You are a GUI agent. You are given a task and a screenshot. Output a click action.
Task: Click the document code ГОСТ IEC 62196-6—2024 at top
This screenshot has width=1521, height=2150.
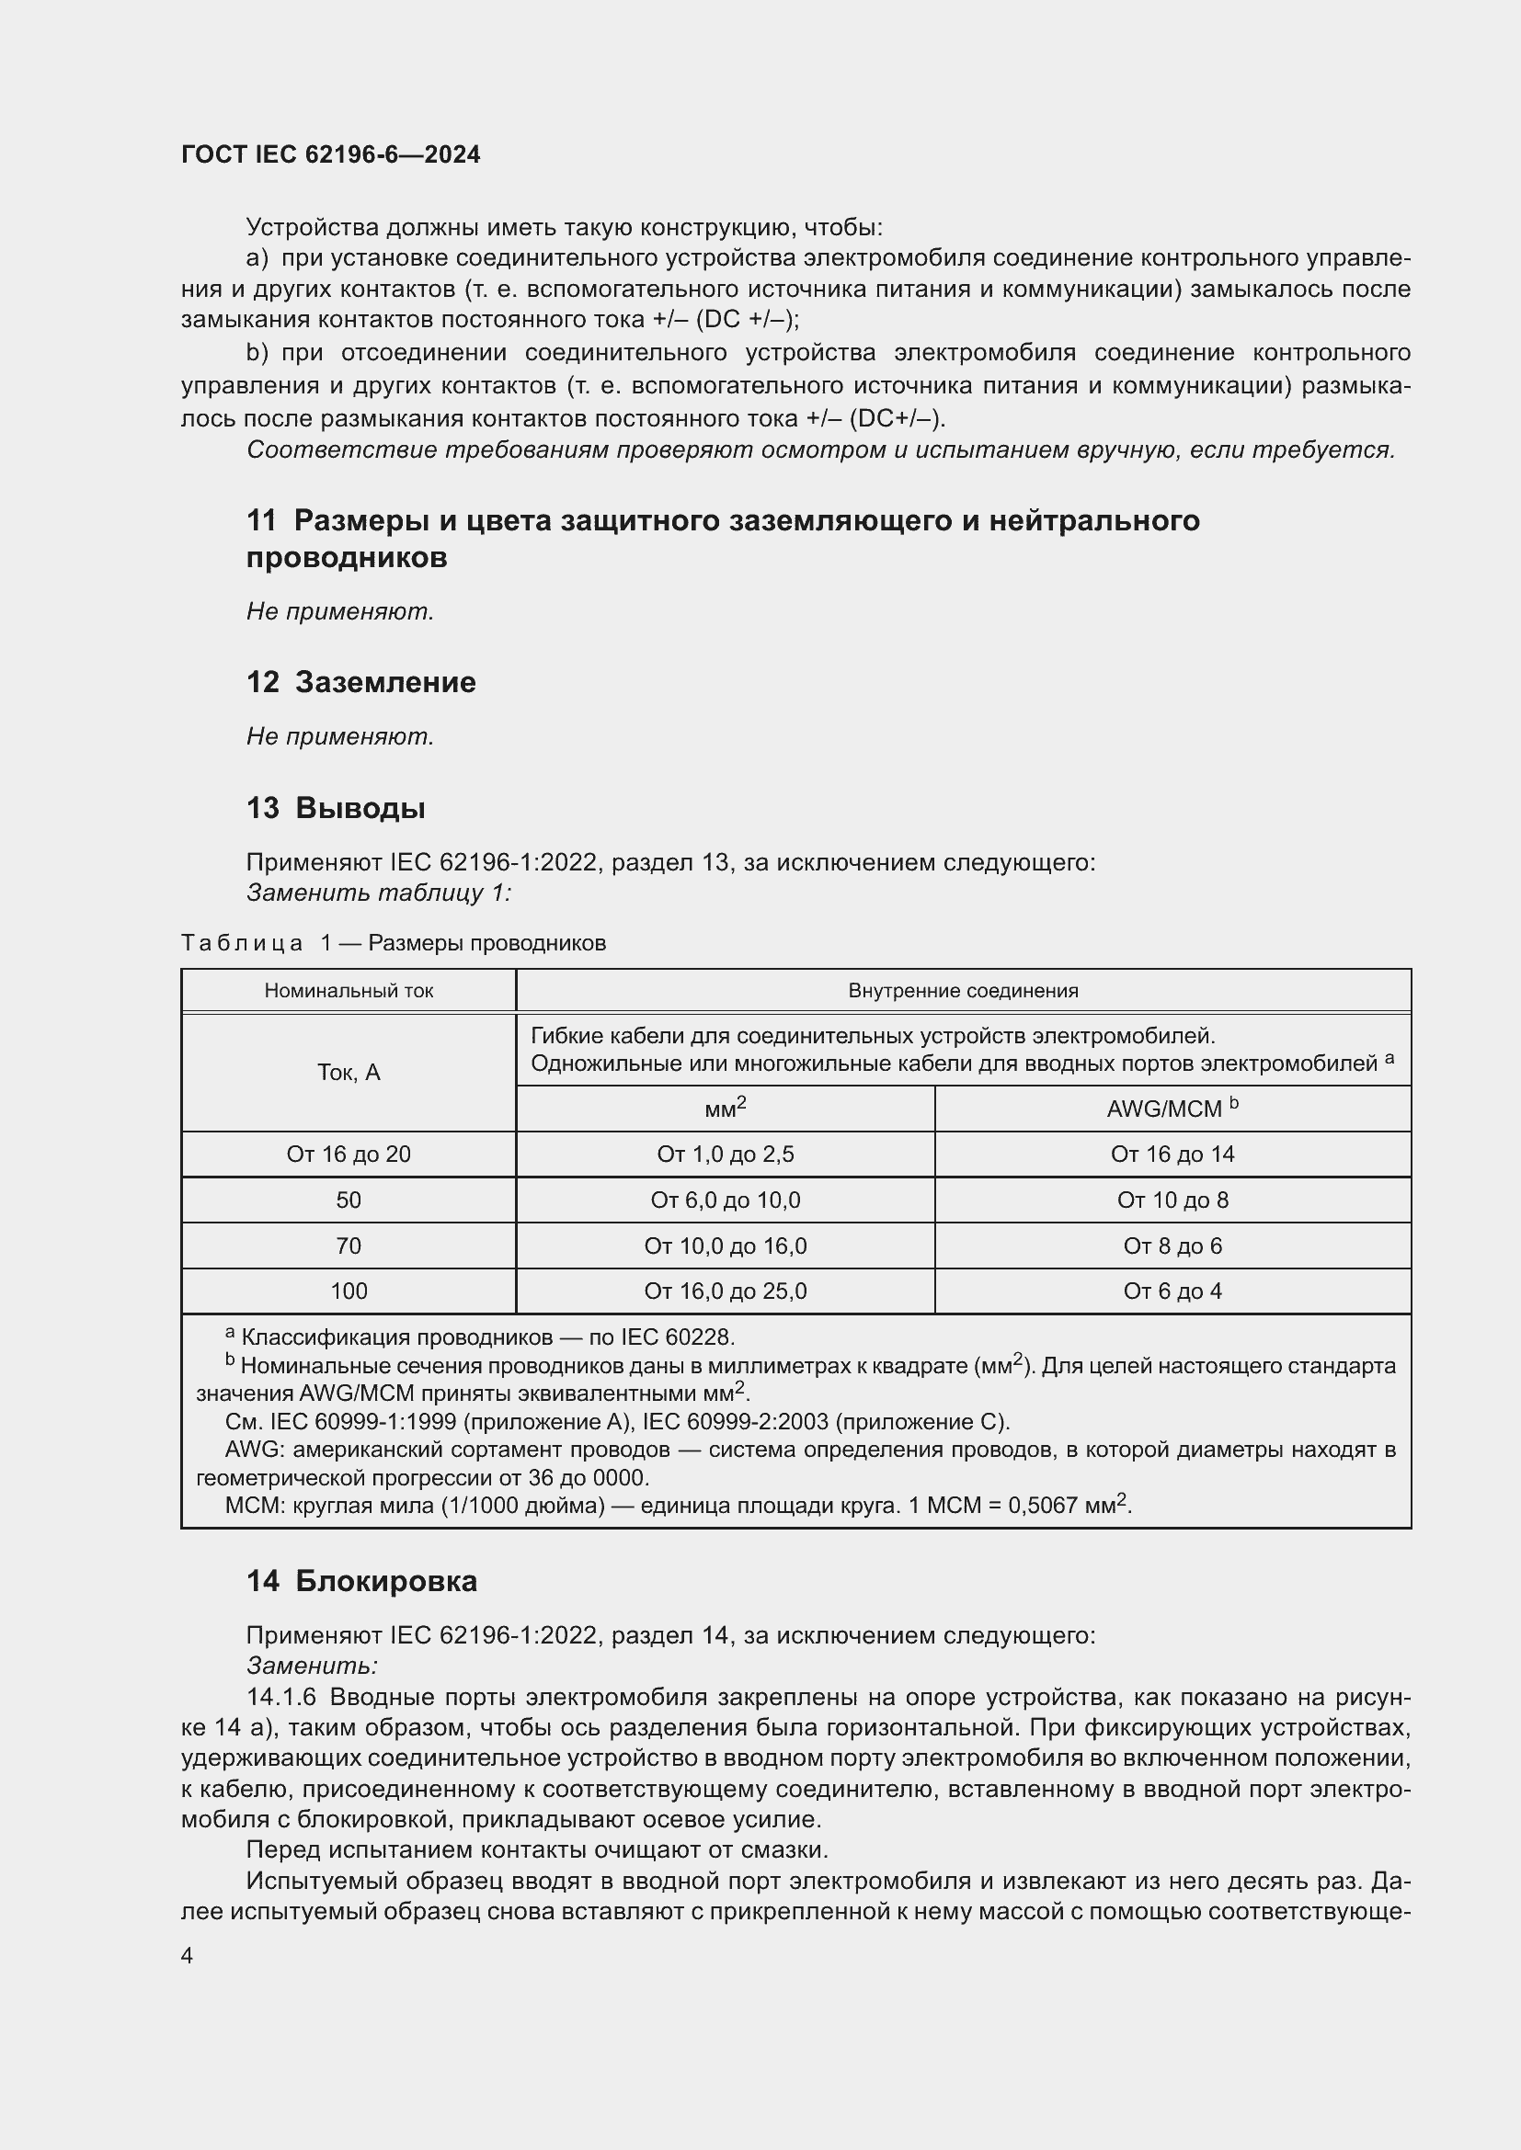[x=331, y=154]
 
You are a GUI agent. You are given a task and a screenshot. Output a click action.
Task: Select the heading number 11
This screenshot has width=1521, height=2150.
[x=261, y=520]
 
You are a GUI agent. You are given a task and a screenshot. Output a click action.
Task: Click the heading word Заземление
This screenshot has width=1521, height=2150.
[x=385, y=682]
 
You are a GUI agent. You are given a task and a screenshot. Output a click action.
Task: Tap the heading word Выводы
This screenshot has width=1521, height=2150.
[x=360, y=807]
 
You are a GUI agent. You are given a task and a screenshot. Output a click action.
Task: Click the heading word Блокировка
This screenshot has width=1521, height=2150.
[x=386, y=1581]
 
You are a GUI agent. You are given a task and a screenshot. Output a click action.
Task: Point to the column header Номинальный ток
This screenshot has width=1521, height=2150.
[x=349, y=991]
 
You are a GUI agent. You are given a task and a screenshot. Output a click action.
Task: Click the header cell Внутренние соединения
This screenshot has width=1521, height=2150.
[x=963, y=991]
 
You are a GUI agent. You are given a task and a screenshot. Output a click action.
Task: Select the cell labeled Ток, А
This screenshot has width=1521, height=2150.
[x=349, y=1072]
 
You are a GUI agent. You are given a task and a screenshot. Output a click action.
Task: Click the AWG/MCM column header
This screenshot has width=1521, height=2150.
[x=1172, y=1109]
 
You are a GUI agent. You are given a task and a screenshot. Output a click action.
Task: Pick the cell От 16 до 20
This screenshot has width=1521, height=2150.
[x=349, y=1155]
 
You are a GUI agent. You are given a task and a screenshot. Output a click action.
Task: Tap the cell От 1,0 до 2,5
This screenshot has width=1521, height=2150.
[x=725, y=1155]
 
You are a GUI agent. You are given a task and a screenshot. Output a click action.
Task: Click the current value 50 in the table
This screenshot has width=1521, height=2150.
[x=349, y=1200]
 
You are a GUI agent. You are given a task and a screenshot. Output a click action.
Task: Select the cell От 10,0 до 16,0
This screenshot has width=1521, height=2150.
[x=725, y=1246]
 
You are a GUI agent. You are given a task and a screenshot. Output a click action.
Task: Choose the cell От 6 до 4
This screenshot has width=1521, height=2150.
[x=1172, y=1291]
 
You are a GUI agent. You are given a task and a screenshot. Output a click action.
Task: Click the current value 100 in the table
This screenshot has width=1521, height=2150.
[x=349, y=1291]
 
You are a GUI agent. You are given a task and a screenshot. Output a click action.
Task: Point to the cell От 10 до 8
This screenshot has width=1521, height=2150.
[x=1172, y=1200]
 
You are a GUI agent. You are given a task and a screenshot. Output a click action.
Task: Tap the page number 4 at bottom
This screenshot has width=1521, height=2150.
[x=188, y=1955]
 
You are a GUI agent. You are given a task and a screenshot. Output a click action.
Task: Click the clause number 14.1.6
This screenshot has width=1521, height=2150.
[x=281, y=1698]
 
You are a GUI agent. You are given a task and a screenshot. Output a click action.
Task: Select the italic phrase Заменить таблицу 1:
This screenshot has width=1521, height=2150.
[x=378, y=893]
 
